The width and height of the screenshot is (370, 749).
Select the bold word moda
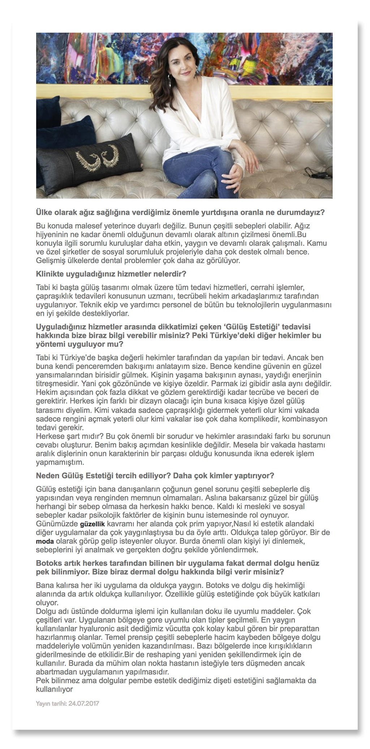[45, 541]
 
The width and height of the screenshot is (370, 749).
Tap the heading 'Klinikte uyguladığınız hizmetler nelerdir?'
[111, 274]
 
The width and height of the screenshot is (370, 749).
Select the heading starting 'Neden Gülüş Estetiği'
[155, 476]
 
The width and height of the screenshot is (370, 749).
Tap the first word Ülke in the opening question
[44, 213]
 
